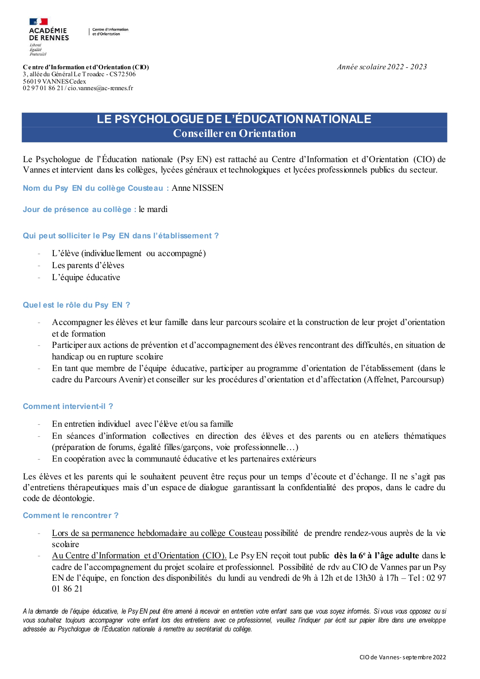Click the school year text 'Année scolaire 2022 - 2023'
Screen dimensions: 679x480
pos(382,67)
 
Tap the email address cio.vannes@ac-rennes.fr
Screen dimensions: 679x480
pos(100,88)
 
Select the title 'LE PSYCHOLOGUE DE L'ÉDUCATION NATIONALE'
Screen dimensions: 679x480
pos(234,119)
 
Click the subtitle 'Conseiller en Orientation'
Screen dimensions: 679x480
pos(234,133)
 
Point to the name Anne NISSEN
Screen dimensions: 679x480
pos(197,188)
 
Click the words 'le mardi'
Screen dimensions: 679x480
pos(153,209)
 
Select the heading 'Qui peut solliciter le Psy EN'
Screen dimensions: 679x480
pos(120,236)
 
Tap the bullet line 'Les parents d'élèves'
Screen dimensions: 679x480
pos(88,265)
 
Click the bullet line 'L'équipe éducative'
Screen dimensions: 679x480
pos(86,277)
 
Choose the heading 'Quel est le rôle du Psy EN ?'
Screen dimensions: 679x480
pos(76,305)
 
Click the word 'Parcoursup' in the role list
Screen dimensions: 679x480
pos(422,380)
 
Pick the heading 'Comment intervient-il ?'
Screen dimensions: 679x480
pos(68,406)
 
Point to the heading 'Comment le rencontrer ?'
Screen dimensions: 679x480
pos(70,515)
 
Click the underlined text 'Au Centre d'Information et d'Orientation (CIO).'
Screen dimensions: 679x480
pos(139,556)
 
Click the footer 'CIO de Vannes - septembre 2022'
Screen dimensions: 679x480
pos(403,657)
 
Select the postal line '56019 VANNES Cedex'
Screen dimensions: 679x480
pos(54,81)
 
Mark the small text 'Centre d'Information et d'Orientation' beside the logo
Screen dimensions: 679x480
pos(110,32)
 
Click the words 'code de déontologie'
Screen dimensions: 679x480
pos(58,498)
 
